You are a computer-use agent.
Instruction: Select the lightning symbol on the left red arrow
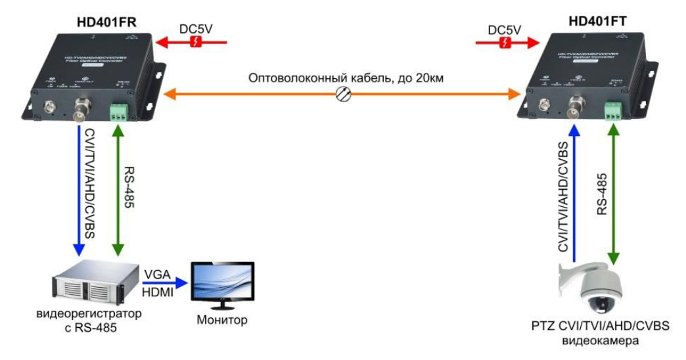coord(194,43)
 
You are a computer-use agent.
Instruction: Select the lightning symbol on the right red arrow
coord(504,43)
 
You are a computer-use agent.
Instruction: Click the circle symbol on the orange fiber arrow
coord(343,95)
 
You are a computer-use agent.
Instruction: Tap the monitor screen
coord(221,283)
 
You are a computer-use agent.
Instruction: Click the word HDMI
coord(158,293)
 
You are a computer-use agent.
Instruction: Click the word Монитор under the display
coord(222,321)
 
